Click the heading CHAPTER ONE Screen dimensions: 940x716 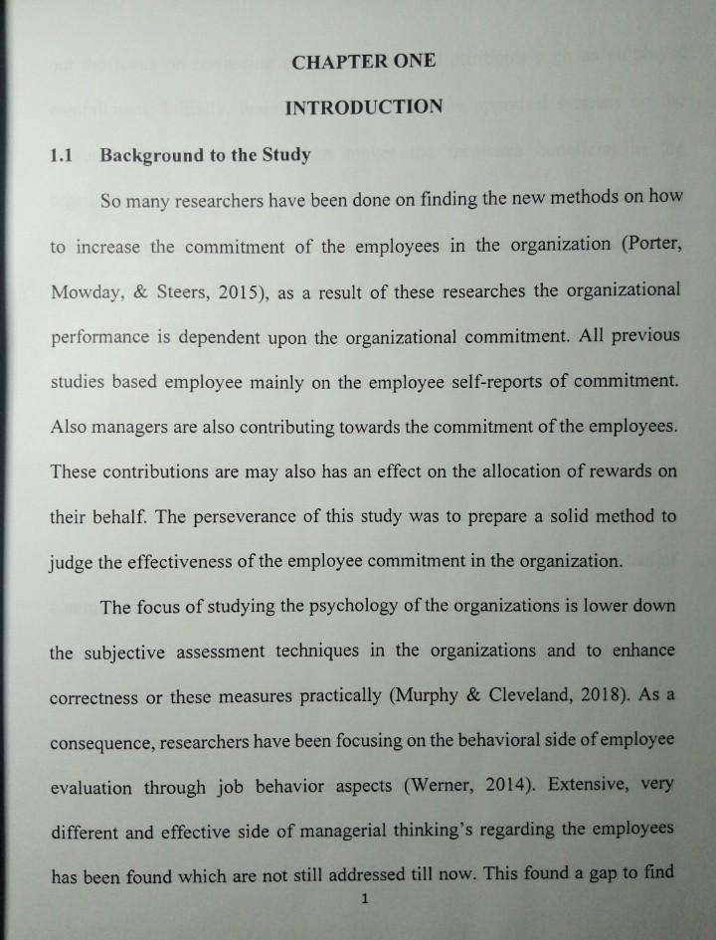(x=364, y=62)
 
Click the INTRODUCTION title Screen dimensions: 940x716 (x=364, y=106)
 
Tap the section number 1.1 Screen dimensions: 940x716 (x=63, y=155)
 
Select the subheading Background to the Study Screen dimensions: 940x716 (x=205, y=155)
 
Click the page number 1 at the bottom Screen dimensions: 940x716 (x=366, y=900)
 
